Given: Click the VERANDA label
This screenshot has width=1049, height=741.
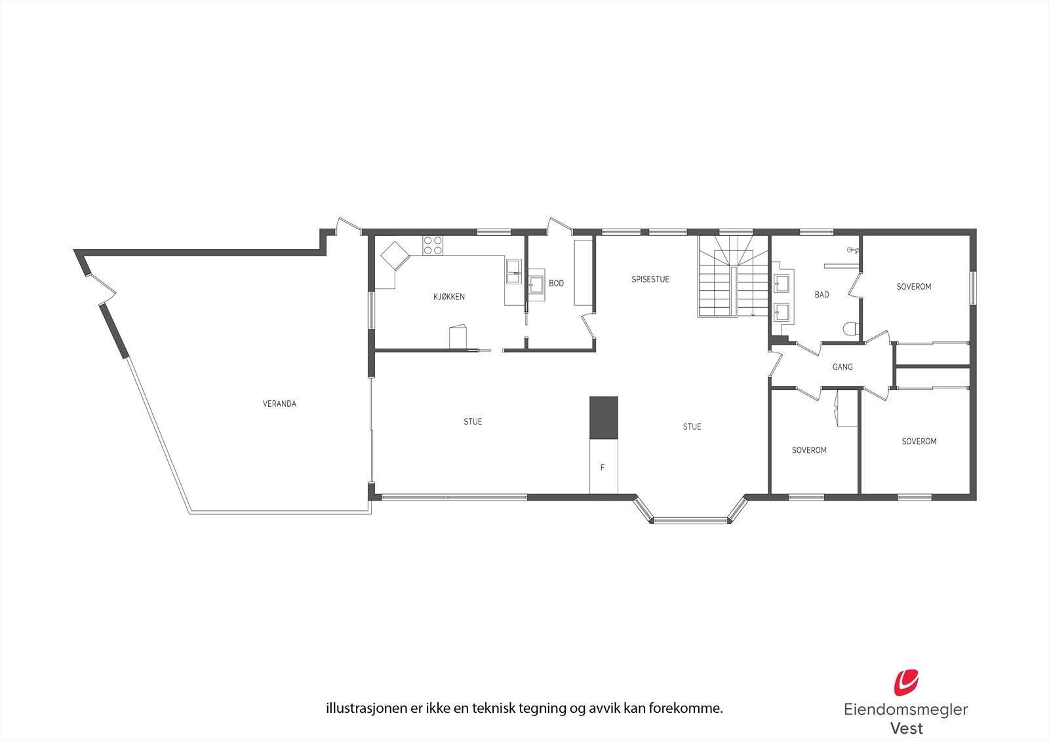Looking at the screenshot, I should point(280,404).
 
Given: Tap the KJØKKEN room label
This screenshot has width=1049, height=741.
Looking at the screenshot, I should point(449,297).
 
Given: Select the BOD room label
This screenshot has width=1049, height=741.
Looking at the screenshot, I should point(556,283).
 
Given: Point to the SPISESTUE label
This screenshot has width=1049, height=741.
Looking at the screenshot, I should point(650,279).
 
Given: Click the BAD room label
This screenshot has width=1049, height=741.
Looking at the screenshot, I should point(821,295).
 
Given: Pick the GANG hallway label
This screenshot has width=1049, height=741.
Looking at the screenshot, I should point(842,367).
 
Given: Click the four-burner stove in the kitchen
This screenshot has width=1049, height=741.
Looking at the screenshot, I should point(433,245).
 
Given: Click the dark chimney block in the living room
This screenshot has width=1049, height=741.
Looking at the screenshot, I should point(603,418).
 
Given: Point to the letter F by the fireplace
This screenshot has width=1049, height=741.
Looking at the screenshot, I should point(603,468).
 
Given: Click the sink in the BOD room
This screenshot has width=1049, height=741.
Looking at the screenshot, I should point(536,284).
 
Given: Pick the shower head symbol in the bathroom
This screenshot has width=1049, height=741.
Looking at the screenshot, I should point(852,250).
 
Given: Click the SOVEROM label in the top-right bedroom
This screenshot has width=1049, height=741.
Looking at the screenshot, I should point(913,286).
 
